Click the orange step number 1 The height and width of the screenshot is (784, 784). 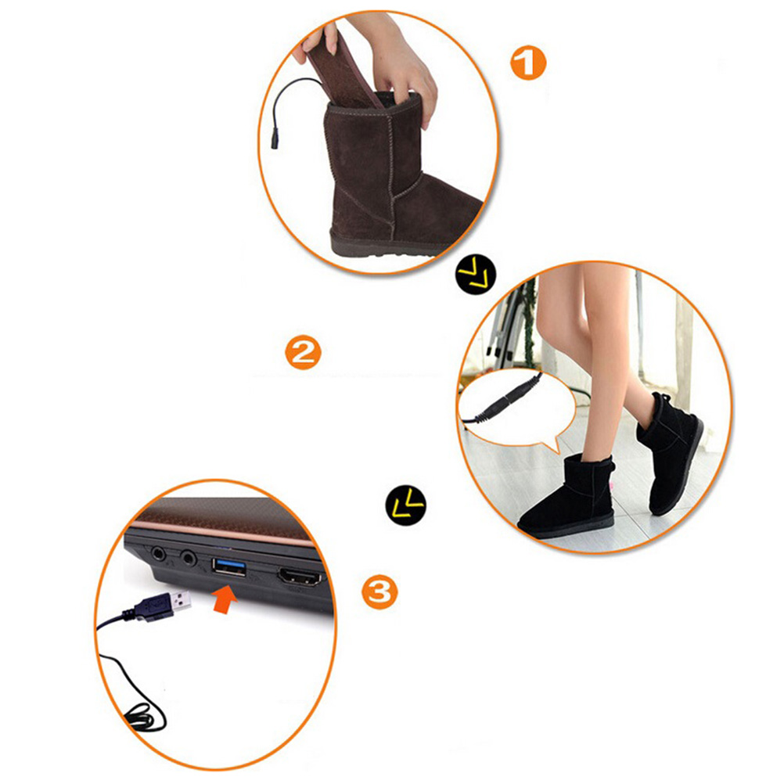pos(528,63)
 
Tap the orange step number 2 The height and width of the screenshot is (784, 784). pos(303,352)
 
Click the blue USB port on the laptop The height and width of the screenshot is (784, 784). pos(229,567)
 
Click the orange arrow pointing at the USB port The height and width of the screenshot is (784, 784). pos(225,599)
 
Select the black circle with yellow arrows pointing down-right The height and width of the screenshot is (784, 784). pos(476,274)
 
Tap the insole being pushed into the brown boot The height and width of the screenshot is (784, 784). pos(345,70)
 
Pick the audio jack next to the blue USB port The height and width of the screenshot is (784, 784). pos(189,557)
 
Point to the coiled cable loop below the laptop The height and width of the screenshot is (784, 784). pos(142,718)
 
